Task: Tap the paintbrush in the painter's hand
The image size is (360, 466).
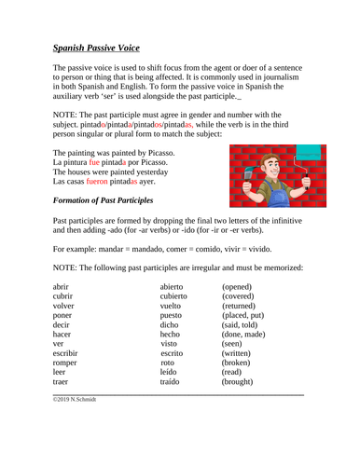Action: coord(248,171)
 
